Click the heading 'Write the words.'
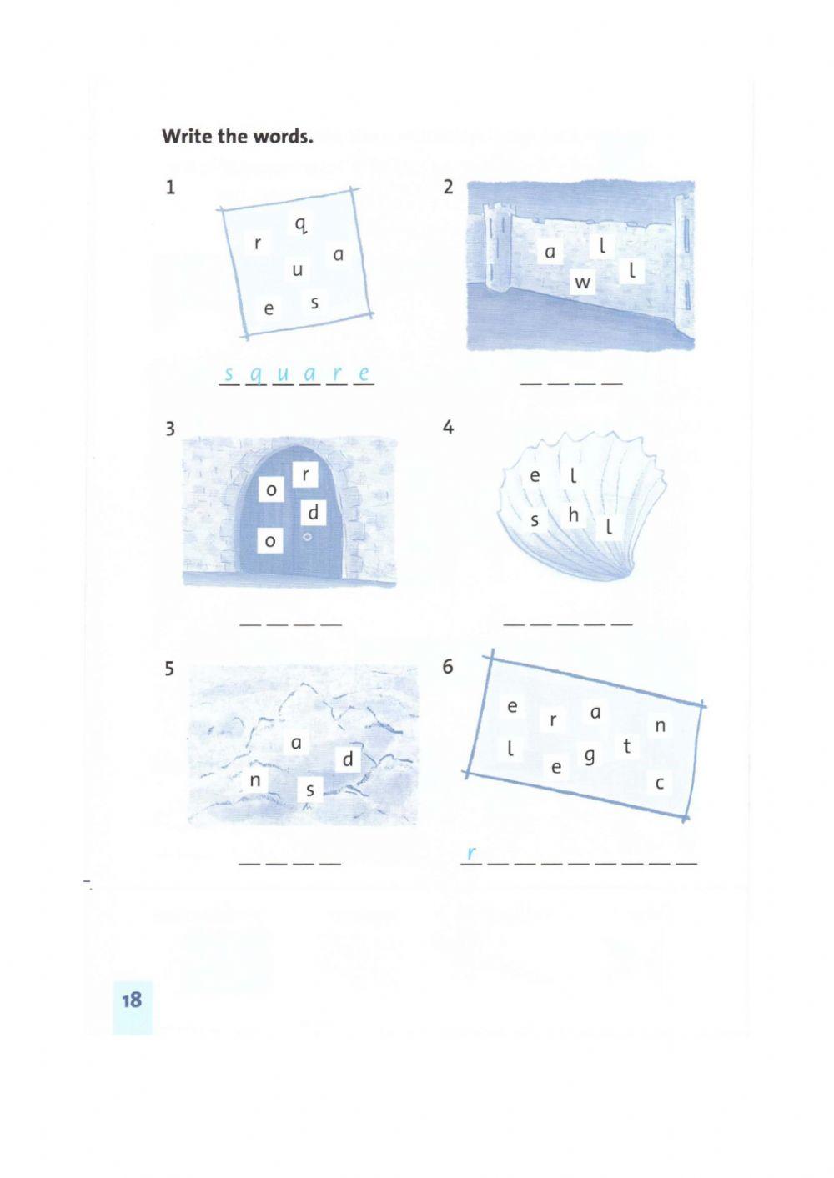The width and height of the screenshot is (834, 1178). coord(238,136)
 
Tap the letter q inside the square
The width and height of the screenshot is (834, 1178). coord(300,225)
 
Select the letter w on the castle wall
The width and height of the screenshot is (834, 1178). coord(582,283)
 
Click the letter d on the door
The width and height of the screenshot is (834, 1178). coord(314,512)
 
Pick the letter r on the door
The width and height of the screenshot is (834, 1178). coord(306,475)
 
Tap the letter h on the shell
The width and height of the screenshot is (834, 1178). coord(574,514)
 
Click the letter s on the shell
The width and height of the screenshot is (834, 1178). coord(535,520)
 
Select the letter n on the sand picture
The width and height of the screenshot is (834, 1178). coord(254,780)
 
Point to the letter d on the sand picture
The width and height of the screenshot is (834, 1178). coord(348,759)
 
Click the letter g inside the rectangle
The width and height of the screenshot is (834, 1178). coord(590,757)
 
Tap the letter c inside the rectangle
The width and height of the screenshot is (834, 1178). coord(660,784)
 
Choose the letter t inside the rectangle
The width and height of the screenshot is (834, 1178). coord(626,746)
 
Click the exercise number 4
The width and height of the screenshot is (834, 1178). coord(448,427)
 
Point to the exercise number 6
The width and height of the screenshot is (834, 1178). coord(447,667)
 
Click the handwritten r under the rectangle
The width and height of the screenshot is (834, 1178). coord(471,853)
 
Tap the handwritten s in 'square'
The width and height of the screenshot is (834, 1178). coord(229,374)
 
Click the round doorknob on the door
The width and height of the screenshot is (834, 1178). coord(307,537)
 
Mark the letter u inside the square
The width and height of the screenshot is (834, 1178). coord(297,270)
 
